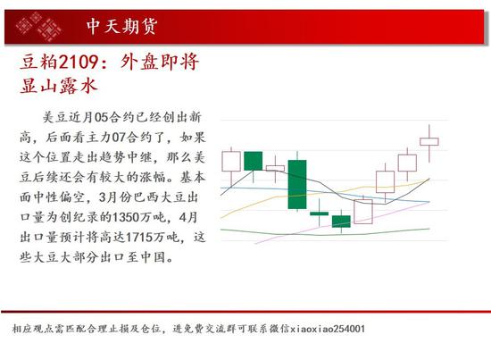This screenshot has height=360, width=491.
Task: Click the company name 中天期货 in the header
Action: click(x=121, y=26)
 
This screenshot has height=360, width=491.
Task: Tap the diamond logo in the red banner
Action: click(x=38, y=27)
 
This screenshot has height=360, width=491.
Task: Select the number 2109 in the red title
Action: click(x=79, y=62)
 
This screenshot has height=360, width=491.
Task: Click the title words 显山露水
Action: click(x=59, y=85)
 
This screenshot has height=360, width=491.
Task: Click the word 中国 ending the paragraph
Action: click(x=153, y=257)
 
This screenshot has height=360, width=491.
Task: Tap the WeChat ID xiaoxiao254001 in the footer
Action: click(x=328, y=329)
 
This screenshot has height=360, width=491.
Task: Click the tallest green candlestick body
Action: click(x=297, y=184)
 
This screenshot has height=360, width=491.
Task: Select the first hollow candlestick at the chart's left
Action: click(x=231, y=162)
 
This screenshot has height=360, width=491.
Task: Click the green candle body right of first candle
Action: click(x=253, y=161)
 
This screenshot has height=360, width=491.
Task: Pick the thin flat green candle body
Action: click(x=319, y=213)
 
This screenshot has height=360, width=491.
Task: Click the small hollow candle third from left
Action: click(x=275, y=168)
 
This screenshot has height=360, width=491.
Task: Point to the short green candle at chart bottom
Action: click(x=341, y=222)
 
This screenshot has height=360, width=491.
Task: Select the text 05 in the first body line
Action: click(x=101, y=117)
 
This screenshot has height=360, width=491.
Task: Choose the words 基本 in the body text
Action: click(x=193, y=177)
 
